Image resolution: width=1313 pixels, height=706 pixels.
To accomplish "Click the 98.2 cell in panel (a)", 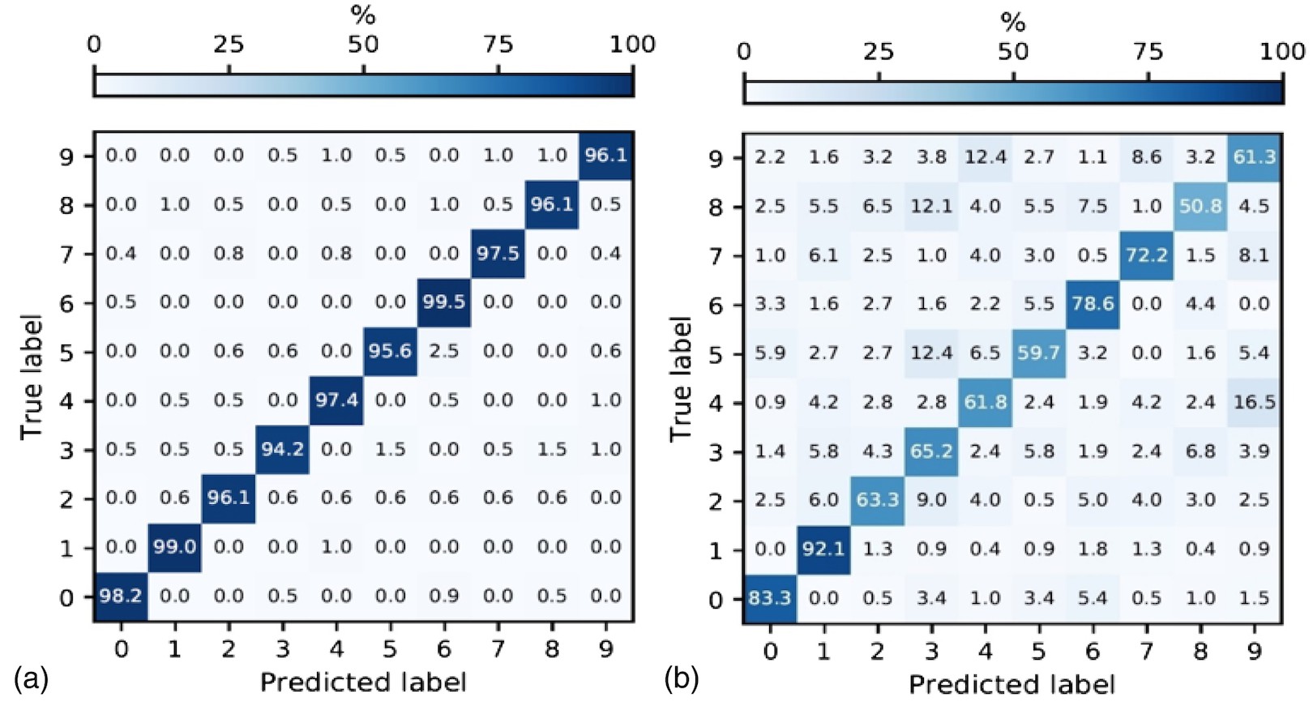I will click(121, 597).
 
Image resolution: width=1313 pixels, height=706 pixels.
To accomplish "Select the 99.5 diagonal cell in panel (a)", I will click(444, 302).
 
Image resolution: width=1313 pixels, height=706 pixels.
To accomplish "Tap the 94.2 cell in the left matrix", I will click(282, 449).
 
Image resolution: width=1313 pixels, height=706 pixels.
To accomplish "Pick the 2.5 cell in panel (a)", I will click(444, 351).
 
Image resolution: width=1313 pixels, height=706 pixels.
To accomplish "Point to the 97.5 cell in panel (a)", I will click(498, 253).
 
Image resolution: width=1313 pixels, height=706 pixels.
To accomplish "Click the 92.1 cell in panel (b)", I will click(823, 549).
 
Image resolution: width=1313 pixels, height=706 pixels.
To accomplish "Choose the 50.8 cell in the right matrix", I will click(1200, 206).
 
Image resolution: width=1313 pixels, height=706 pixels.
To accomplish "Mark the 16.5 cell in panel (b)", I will click(1254, 402).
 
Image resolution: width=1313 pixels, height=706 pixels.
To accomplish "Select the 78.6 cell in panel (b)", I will click(1093, 304).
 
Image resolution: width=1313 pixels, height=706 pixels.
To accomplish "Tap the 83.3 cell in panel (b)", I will click(770, 598).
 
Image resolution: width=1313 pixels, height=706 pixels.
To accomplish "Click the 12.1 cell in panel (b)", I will click(931, 206).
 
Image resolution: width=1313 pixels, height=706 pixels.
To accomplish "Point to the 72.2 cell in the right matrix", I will click(1146, 255).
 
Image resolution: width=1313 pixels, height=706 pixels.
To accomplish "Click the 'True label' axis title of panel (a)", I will click(31, 377).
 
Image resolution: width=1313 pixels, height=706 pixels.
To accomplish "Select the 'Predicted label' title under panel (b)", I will click(1011, 685).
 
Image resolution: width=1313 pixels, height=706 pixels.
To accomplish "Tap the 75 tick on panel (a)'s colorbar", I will click(498, 45).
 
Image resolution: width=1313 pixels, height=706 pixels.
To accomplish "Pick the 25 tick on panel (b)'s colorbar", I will click(879, 52).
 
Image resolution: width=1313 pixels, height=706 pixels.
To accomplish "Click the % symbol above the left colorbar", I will click(363, 15).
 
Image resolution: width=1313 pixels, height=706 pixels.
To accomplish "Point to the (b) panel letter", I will click(681, 678).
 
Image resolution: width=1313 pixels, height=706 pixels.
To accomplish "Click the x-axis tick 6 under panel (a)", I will click(444, 648).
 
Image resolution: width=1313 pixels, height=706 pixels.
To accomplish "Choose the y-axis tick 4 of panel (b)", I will click(715, 403).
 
